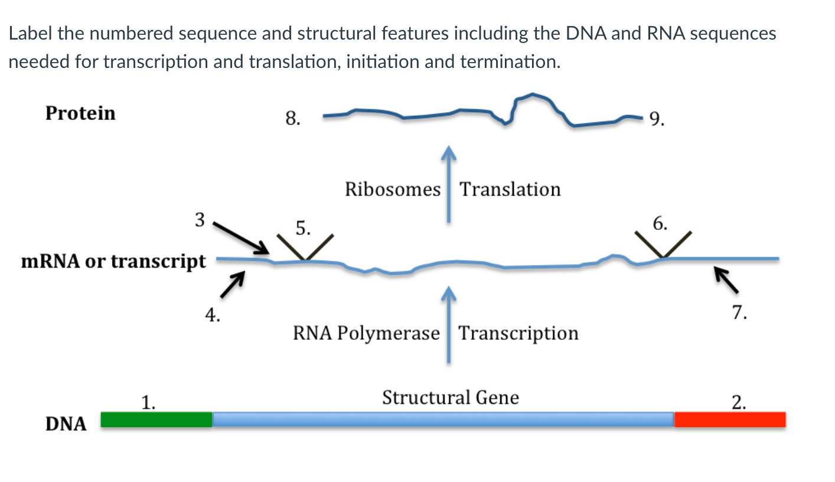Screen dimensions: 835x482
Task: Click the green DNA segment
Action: pyautogui.click(x=156, y=420)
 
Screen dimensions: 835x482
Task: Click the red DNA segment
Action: pyautogui.click(x=730, y=420)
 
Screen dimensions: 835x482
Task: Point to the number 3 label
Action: pyautogui.click(x=200, y=220)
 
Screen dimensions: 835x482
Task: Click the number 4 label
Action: pyautogui.click(x=213, y=315)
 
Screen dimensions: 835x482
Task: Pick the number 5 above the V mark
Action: pyautogui.click(x=303, y=228)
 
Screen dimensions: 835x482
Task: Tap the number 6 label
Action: pyautogui.click(x=660, y=223)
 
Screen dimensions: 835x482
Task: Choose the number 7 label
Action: pyautogui.click(x=739, y=312)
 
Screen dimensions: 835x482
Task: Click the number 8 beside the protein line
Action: pyautogui.click(x=293, y=119)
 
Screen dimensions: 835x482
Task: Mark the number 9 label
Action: pyautogui.click(x=657, y=119)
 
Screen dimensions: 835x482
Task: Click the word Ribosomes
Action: pyautogui.click(x=393, y=190)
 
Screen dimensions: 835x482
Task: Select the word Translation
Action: pyautogui.click(x=510, y=190)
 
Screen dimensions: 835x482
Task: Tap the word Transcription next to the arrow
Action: pyautogui.click(x=518, y=334)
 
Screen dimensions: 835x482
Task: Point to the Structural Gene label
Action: pyautogui.click(x=451, y=398)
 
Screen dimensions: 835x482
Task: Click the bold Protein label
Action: pyautogui.click(x=80, y=113)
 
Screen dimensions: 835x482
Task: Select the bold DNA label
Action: pyautogui.click(x=66, y=424)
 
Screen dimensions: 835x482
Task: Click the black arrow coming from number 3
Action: pyautogui.click(x=241, y=238)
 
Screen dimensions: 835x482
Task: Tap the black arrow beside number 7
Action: pyautogui.click(x=726, y=280)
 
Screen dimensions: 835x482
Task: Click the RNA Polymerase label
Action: pyautogui.click(x=367, y=334)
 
